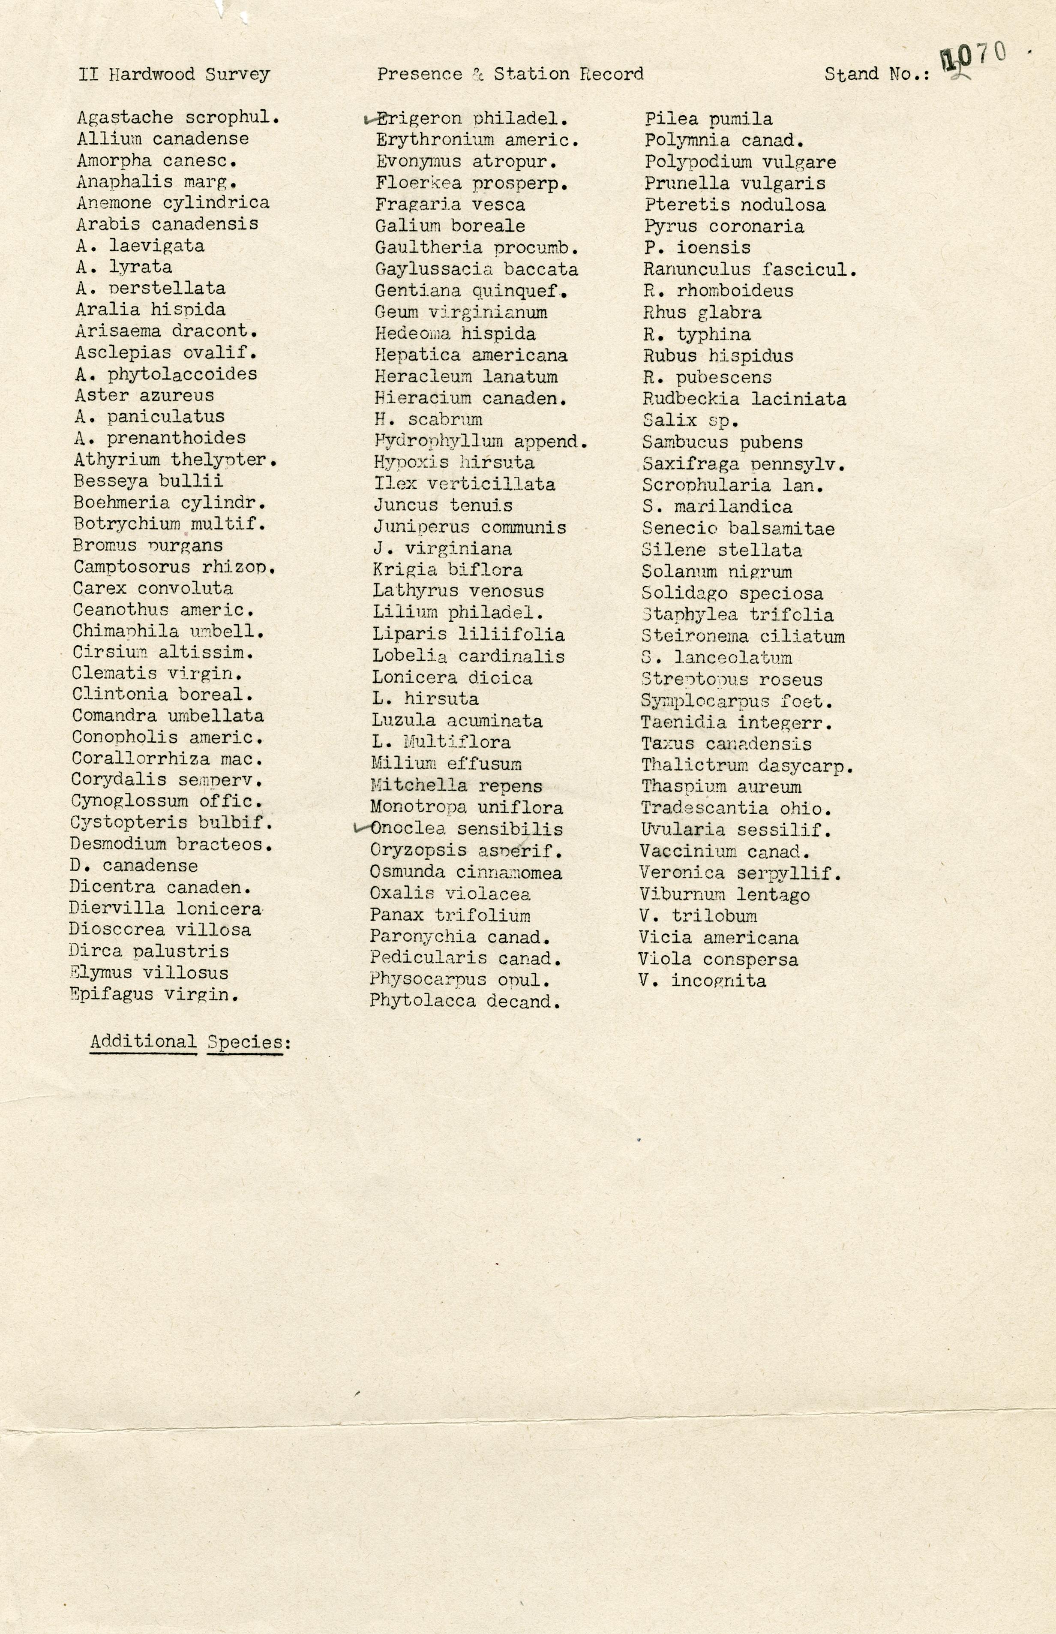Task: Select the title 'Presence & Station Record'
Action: pos(510,74)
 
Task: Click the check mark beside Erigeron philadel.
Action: pos(369,119)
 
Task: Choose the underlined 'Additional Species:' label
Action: pos(191,1042)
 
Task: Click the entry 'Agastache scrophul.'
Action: pos(178,117)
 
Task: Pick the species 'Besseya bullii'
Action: pos(148,481)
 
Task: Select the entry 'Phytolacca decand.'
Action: pos(465,1001)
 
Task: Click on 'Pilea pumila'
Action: pos(708,119)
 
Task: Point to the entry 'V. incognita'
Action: pos(702,980)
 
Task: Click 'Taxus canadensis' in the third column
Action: pos(726,743)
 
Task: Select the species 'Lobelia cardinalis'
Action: pos(468,656)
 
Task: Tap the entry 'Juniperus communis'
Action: pos(470,527)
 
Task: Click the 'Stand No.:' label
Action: pos(877,74)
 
